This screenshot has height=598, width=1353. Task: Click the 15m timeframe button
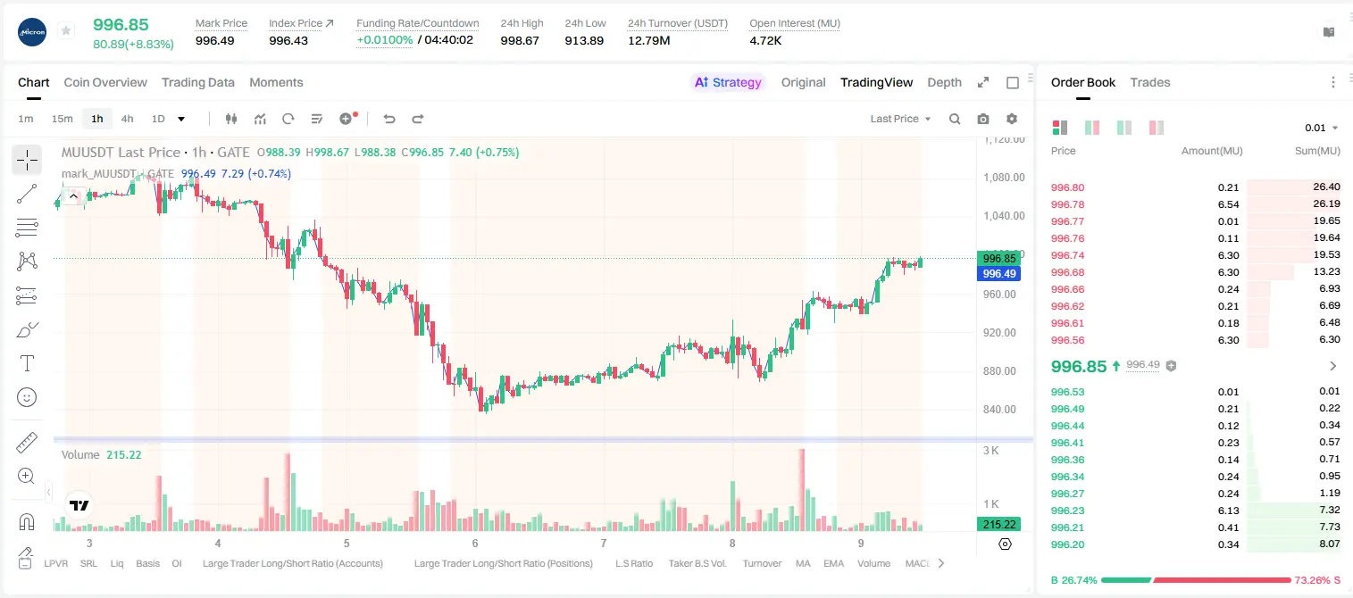tap(62, 119)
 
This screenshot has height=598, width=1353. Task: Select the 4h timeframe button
tap(127, 119)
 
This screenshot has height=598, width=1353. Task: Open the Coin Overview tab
tap(105, 82)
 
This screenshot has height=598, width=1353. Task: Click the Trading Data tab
tap(197, 82)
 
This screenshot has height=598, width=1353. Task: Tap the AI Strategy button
tap(728, 82)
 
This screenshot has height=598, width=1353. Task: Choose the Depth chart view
tap(944, 82)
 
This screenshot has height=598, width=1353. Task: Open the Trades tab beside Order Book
tap(1150, 82)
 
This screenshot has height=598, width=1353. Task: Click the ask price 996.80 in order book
tap(1067, 187)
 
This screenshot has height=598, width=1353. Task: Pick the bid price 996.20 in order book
tap(1067, 544)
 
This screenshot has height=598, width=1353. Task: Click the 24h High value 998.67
tap(520, 40)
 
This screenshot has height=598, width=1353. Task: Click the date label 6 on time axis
tap(475, 543)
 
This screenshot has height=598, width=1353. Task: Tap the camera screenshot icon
tap(983, 119)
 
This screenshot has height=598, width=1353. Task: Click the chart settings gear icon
tap(1012, 119)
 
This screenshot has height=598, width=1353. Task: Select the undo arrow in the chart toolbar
tap(389, 119)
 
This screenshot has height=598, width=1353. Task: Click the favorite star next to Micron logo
tap(66, 30)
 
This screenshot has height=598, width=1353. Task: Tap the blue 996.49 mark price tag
tap(999, 273)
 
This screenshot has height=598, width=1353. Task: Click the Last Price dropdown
tap(900, 119)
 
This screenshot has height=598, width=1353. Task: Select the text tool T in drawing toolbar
tap(27, 363)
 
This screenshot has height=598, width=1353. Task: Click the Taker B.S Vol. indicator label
tap(697, 563)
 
